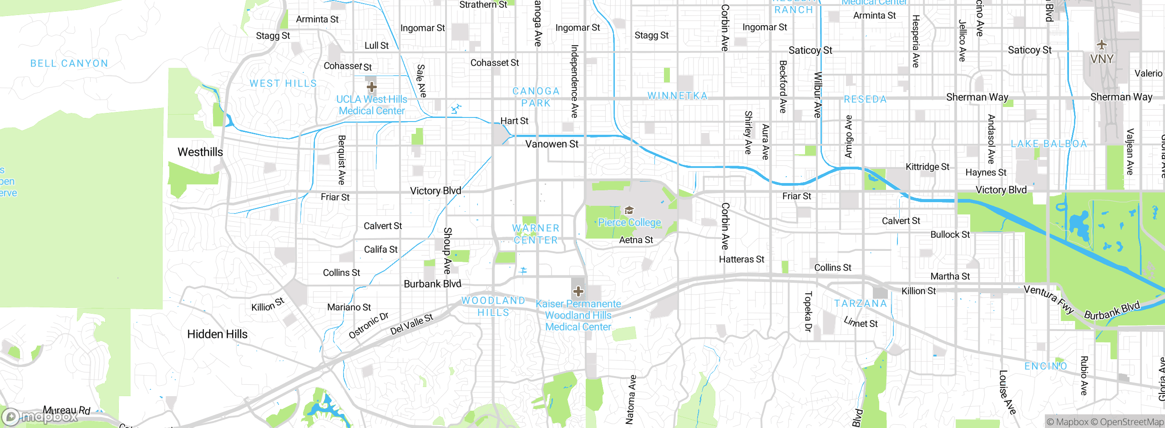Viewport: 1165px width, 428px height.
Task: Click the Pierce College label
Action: [629, 223]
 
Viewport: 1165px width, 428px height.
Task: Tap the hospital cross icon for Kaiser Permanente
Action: [578, 291]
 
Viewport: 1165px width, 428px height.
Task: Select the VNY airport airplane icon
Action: [1101, 45]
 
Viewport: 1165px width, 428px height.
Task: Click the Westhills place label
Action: [200, 152]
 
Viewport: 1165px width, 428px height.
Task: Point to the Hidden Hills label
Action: [217, 334]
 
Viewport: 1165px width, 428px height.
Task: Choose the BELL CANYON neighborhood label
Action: [69, 64]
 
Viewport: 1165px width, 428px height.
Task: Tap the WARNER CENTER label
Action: [536, 234]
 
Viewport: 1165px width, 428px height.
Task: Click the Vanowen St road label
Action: [552, 144]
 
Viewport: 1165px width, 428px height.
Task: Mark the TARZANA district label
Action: [861, 304]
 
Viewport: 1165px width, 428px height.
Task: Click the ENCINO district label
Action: [1045, 367]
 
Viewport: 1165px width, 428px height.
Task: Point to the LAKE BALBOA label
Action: [1048, 144]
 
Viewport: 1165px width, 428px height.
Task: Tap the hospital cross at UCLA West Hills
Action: [371, 87]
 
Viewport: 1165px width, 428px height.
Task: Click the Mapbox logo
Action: [39, 417]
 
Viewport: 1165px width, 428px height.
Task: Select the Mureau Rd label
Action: [66, 410]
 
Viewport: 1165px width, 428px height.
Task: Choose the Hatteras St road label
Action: [741, 260]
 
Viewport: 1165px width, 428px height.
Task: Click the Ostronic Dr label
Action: [368, 326]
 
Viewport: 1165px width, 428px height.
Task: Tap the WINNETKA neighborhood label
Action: [678, 96]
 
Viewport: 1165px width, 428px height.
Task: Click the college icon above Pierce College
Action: [629, 210]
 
